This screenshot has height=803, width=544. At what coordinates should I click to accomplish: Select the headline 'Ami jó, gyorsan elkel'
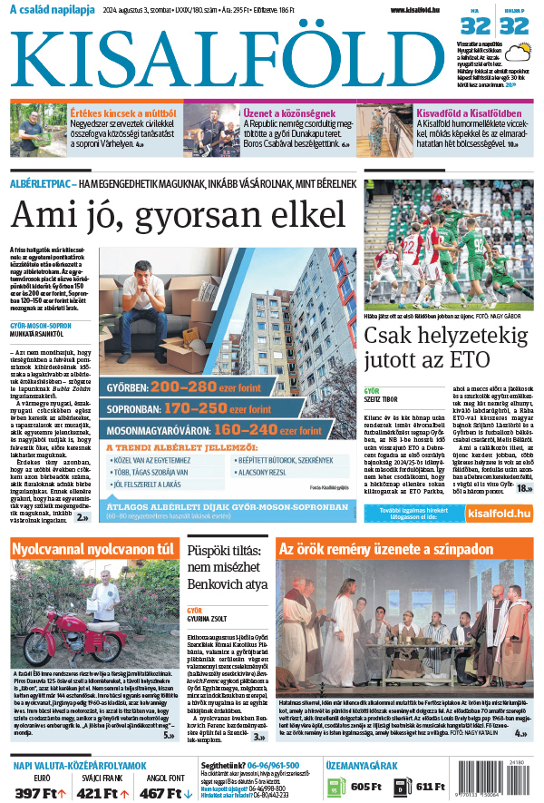[179, 215]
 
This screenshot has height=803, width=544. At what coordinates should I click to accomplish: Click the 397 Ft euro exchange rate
[39, 792]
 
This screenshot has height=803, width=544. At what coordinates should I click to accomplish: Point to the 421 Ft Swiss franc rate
[99, 792]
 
